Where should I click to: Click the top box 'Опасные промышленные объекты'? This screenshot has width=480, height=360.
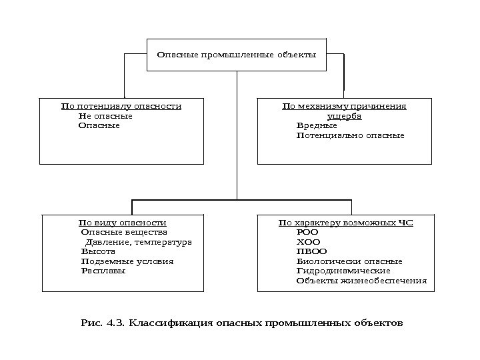tap(236, 54)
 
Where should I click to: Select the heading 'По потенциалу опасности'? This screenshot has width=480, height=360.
tap(121, 106)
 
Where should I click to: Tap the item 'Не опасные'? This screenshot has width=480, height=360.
tap(105, 116)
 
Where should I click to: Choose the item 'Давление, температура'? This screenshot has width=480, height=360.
tap(139, 242)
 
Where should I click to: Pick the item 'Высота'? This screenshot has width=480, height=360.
tap(98, 252)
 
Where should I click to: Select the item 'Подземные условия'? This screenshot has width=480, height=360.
tap(127, 261)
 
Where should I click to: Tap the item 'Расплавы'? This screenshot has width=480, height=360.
tap(103, 271)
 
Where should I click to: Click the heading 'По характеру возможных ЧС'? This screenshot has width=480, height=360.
tap(345, 222)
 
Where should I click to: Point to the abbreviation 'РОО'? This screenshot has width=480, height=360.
tap(307, 232)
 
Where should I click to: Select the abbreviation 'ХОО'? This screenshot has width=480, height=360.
tap(307, 242)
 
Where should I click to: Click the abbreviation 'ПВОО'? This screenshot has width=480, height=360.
tap(311, 252)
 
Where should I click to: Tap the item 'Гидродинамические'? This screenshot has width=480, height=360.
tap(343, 271)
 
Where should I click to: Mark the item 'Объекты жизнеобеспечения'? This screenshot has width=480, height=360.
tap(361, 281)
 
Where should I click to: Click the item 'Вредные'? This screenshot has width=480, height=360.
tap(317, 125)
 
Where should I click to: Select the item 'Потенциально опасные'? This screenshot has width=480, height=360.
tap(350, 135)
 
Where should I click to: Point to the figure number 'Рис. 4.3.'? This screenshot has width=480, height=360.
tap(103, 323)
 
